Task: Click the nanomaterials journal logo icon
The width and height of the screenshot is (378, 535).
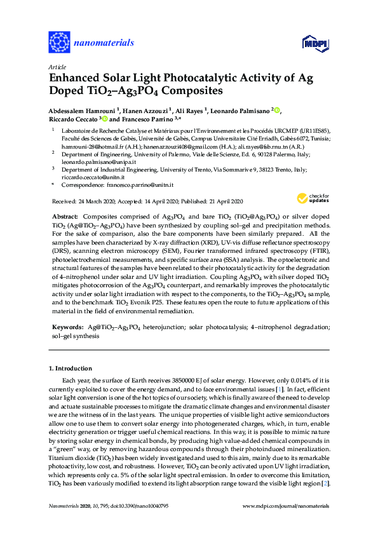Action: point(59,43)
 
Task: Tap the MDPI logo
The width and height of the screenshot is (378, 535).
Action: point(312,43)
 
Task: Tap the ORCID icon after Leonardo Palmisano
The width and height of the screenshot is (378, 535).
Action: point(278,110)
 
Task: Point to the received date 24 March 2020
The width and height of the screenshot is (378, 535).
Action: point(102,201)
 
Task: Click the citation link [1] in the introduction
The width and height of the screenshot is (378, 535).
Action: point(279,388)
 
